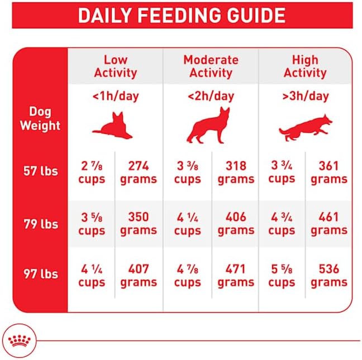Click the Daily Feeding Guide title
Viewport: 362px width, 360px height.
click(x=181, y=15)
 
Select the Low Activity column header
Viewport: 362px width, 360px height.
click(x=115, y=66)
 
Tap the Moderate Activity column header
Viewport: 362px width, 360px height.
click(x=210, y=66)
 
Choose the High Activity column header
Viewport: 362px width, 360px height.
click(x=305, y=66)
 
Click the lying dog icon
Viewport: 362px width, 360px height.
click(x=113, y=126)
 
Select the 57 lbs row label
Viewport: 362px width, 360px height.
click(x=40, y=171)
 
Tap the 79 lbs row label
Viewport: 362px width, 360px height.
click(x=40, y=224)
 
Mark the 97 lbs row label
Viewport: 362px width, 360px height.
click(x=40, y=275)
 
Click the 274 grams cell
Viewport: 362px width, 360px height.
click(x=138, y=172)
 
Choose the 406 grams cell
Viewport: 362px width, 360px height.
click(x=236, y=223)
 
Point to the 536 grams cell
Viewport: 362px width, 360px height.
click(x=329, y=276)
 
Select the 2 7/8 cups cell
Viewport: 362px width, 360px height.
click(x=92, y=172)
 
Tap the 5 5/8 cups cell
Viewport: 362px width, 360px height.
click(x=282, y=276)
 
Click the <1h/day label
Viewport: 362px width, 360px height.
click(x=116, y=96)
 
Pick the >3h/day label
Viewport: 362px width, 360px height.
click(x=305, y=96)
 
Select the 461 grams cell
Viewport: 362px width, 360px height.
click(x=329, y=223)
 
